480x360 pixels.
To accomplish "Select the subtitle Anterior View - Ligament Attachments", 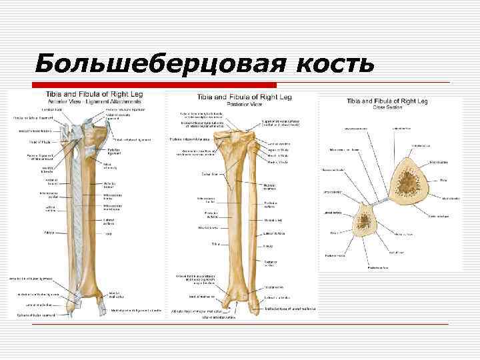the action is click(83, 100).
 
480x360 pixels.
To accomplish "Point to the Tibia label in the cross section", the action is click(443, 180).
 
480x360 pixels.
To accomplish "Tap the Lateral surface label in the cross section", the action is click(332, 213).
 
